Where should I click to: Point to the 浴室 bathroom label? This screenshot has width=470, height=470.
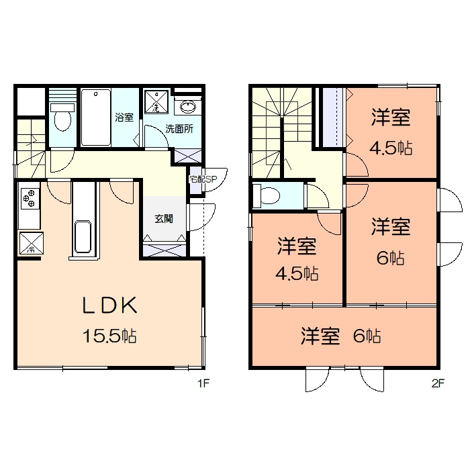tap(124, 117)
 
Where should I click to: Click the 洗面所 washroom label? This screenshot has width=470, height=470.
tap(179, 129)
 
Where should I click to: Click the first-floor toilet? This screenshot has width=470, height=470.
tap(62, 117)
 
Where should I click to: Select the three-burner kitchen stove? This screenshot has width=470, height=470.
tap(30, 198)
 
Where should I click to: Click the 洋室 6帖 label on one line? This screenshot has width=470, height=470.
tap(341, 336)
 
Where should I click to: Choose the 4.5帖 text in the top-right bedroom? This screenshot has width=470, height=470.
tap(391, 149)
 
